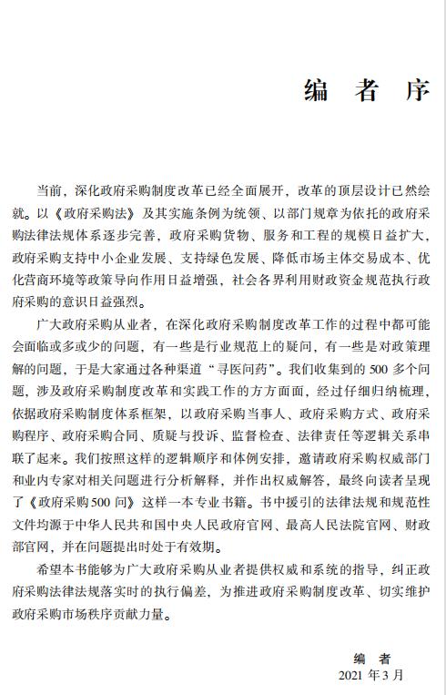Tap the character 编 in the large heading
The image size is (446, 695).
coord(317,90)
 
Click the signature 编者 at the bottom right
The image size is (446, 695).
coord(372,658)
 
